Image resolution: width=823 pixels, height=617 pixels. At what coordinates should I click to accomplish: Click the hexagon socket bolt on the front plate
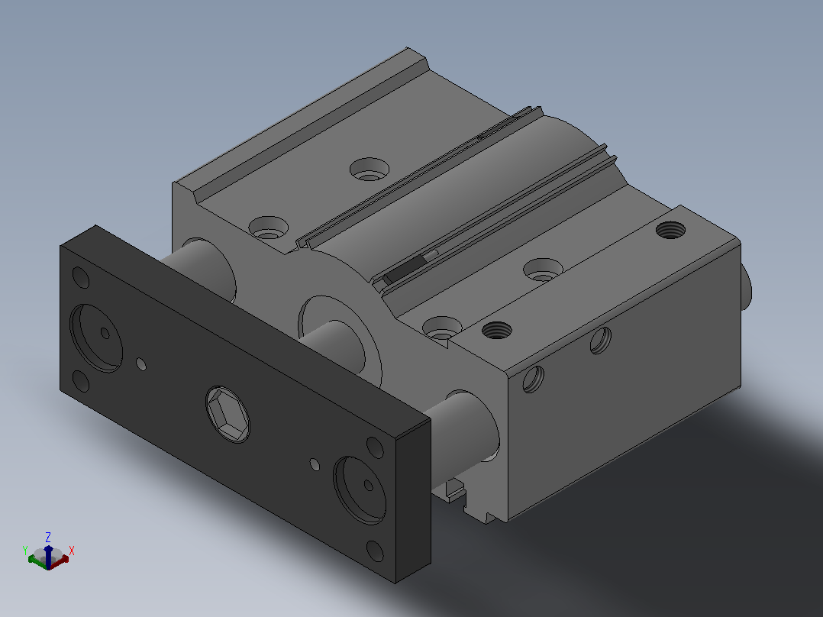coord(228,415)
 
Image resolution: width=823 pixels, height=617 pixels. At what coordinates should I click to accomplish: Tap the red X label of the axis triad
coord(72,551)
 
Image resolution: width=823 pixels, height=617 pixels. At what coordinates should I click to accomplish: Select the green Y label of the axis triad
coord(24,551)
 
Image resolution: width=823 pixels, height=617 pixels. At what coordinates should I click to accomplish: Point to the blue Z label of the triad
coord(48,537)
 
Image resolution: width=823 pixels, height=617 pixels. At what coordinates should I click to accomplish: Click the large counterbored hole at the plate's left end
coord(96,338)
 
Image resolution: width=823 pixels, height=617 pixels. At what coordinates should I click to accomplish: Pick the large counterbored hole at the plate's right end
coord(360,490)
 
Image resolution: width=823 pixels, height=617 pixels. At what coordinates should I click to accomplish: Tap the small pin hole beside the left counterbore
coord(141,364)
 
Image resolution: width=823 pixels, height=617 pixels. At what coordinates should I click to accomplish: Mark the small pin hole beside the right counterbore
coord(315,464)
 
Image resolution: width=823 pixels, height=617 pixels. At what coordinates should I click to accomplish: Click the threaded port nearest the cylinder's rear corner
coord(671,230)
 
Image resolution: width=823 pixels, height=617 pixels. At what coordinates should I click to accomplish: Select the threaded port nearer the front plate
coord(496,331)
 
